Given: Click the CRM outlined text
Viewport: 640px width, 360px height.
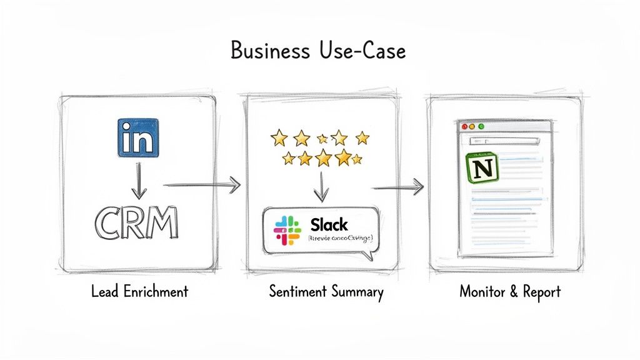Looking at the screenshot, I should pos(136,223).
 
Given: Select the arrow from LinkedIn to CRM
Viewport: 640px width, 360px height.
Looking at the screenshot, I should pos(139,182).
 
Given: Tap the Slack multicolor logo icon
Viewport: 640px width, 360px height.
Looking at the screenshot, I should pos(287,229).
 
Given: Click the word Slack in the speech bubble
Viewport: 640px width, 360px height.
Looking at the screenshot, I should pos(329,224).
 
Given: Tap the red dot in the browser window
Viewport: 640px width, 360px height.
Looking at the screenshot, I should pos(464,126).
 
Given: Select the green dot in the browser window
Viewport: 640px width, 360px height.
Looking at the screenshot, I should pos(481,126).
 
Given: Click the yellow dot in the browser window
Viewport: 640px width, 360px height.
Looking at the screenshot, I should pos(472,126).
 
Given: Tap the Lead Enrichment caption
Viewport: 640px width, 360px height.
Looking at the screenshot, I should pos(139,291).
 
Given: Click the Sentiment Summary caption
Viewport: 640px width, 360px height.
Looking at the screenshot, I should pos(326,291).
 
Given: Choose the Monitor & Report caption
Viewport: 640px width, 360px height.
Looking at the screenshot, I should pos(510,291).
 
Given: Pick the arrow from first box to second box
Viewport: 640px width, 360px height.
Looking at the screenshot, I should pos(201,184).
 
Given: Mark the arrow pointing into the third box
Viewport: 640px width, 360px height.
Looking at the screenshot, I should pos(397,186).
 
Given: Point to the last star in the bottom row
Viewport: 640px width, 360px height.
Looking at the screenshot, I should pos(357,159).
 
